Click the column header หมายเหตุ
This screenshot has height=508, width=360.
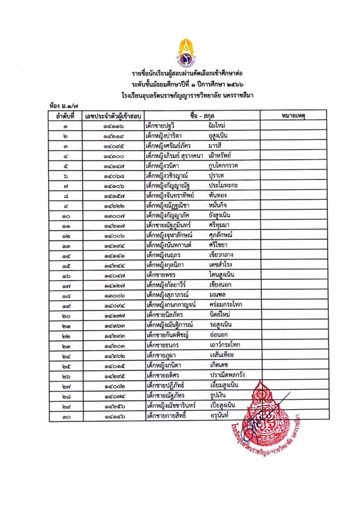click(293, 116)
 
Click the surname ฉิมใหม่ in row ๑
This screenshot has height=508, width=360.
click(220, 126)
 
